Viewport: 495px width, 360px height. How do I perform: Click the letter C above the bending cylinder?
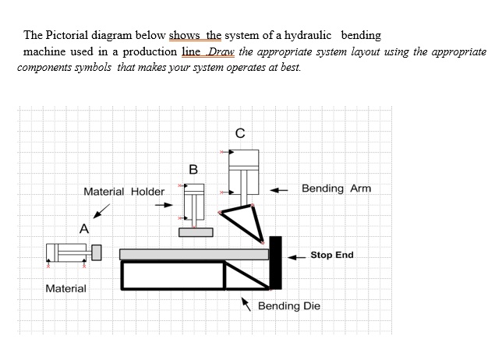tap(240, 132)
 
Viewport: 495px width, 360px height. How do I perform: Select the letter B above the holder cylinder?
tap(193, 169)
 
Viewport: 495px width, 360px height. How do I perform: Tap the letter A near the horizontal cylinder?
tap(83, 228)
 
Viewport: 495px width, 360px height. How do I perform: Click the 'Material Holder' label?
tap(124, 192)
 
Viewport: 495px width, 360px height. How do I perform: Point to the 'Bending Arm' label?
tap(336, 189)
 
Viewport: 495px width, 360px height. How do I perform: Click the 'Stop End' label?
tap(331, 255)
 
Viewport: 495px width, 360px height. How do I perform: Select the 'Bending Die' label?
tap(288, 305)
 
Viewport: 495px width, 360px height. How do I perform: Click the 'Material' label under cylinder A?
tap(66, 288)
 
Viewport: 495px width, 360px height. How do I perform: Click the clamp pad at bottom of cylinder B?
tap(195, 231)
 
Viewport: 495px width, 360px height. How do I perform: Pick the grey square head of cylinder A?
tap(97, 253)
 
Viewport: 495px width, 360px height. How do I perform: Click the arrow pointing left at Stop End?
tap(295, 256)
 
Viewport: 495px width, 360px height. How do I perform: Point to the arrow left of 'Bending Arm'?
tap(280, 189)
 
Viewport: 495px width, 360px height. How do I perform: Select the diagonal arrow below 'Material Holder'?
tap(101, 212)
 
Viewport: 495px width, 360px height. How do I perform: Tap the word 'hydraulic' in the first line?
tap(306, 36)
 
